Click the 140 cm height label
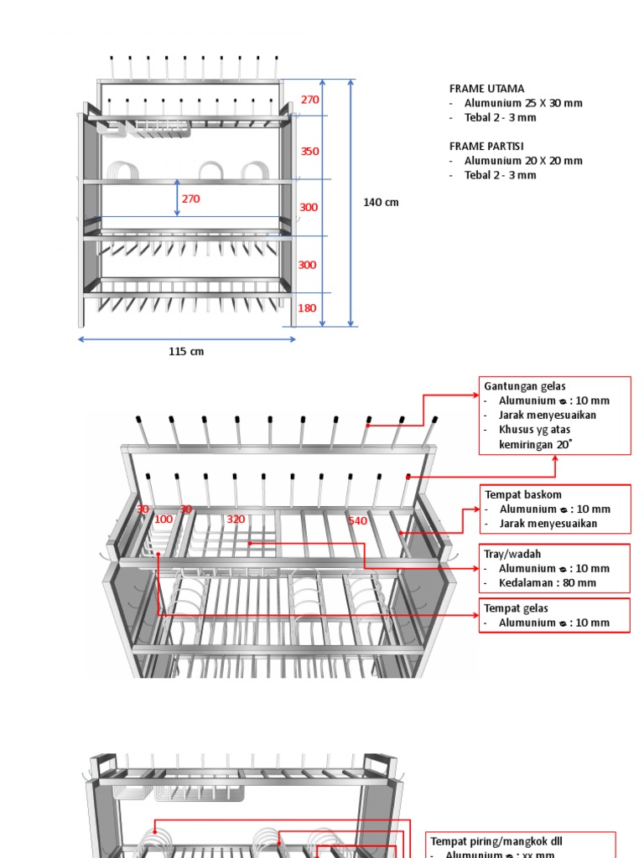[x=381, y=202]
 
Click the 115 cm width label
[x=186, y=352]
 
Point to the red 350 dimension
[x=310, y=152]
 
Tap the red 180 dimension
[x=307, y=308]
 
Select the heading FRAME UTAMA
[x=486, y=89]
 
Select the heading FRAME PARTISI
[x=486, y=146]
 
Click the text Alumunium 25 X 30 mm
[x=523, y=103]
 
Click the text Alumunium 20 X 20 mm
[x=523, y=161]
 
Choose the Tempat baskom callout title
[x=523, y=494]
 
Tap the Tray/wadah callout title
[x=512, y=554]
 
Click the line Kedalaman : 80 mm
[x=548, y=583]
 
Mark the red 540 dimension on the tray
[x=358, y=521]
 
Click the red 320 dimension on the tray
[x=236, y=519]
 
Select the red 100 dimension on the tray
[x=164, y=519]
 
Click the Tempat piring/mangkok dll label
[x=494, y=840]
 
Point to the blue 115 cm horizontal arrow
[x=187, y=339]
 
